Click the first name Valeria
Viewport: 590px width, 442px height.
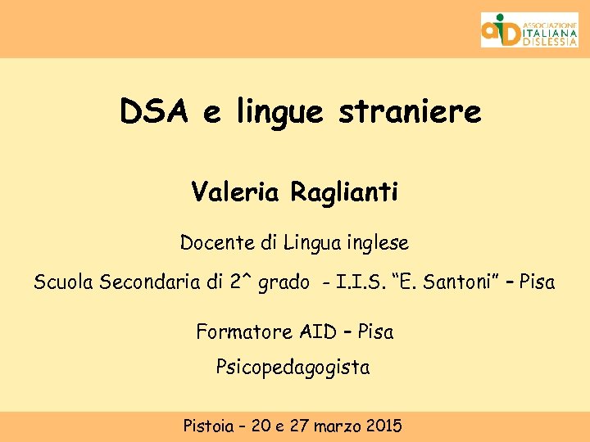pyautogui.click(x=235, y=192)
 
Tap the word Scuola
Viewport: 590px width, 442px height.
pyautogui.click(x=63, y=283)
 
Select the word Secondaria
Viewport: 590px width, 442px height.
pyautogui.click(x=152, y=283)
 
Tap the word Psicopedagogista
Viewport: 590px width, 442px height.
pyautogui.click(x=293, y=368)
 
